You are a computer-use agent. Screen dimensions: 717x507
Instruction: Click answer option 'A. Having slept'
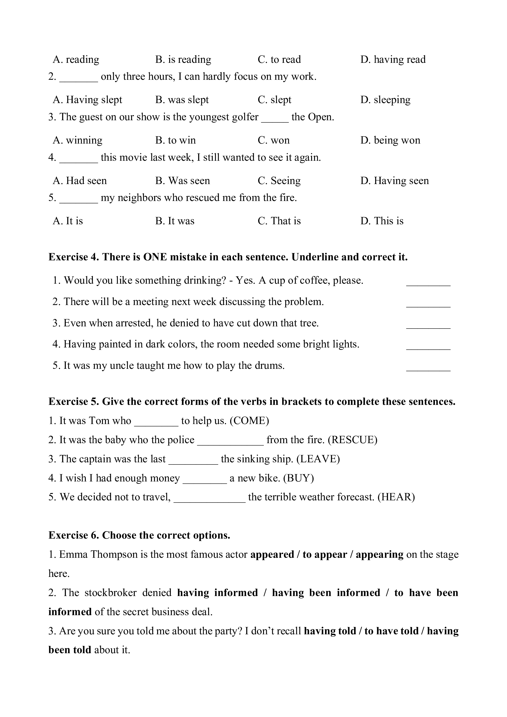tap(88, 100)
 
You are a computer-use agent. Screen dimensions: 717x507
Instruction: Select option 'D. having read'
tap(393, 59)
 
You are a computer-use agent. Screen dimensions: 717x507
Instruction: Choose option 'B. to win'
tap(176, 140)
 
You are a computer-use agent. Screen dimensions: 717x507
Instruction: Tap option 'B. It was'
tap(175, 221)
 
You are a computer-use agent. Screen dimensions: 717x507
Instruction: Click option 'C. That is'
tap(279, 221)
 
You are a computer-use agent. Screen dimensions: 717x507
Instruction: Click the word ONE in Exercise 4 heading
tap(155, 257)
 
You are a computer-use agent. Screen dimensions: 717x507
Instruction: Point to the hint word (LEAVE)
tap(318, 459)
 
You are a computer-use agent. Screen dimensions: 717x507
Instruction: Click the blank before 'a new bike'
tap(204, 482)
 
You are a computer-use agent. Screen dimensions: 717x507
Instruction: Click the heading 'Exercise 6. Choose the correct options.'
tap(139, 535)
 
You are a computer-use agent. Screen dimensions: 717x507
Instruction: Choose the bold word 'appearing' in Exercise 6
tap(379, 555)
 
